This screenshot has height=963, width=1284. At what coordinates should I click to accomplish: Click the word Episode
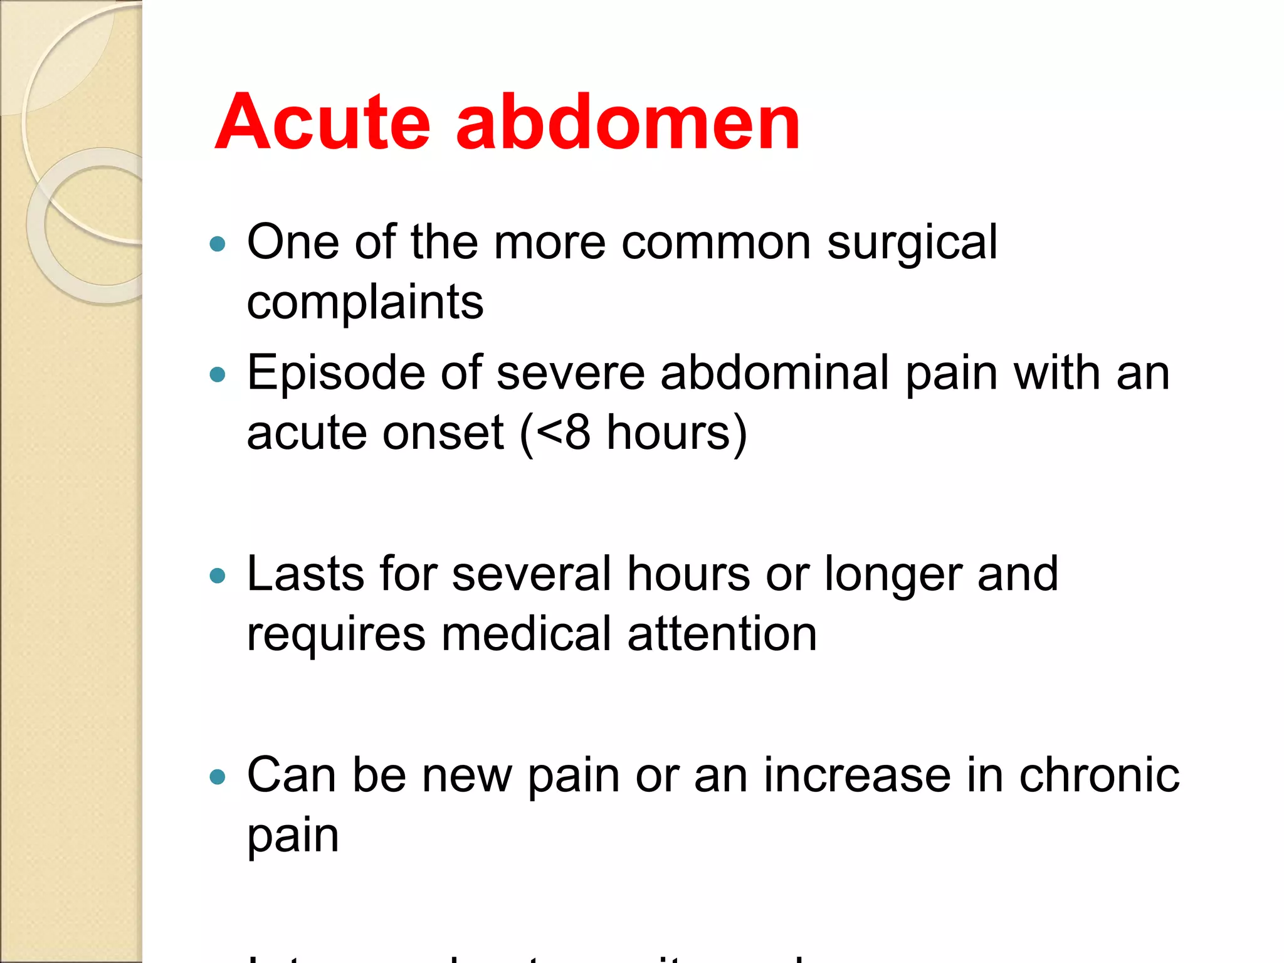(x=336, y=374)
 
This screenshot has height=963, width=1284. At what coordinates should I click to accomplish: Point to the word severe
(x=571, y=374)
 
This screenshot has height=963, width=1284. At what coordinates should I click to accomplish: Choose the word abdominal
(x=775, y=374)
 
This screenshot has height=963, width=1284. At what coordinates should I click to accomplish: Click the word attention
(x=722, y=634)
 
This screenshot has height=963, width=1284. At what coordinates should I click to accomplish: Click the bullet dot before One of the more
(x=218, y=244)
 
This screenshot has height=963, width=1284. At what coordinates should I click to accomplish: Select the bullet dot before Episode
(x=218, y=375)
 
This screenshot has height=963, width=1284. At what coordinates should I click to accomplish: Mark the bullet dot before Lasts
(x=218, y=576)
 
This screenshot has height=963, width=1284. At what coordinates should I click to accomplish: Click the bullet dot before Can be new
(x=218, y=777)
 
